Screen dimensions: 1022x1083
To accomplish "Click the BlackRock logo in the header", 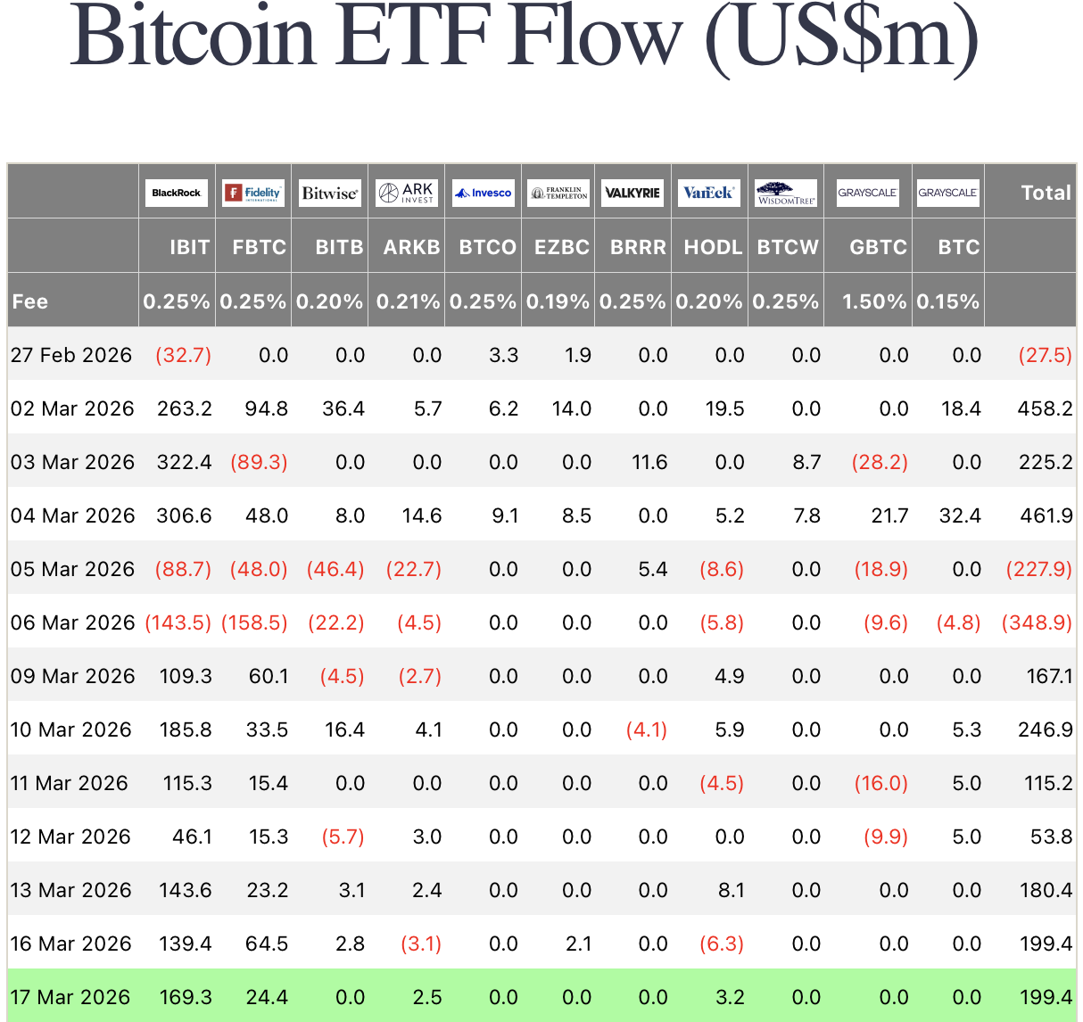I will click(x=177, y=193).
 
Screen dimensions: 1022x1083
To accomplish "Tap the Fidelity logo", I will click(x=253, y=193).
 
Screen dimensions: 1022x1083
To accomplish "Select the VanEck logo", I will click(x=707, y=193).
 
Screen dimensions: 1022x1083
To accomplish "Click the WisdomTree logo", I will click(x=786, y=193).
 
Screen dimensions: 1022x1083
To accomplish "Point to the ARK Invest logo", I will click(x=406, y=193).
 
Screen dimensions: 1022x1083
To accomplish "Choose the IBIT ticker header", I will click(x=189, y=247).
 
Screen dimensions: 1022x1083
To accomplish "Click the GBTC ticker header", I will click(x=878, y=247).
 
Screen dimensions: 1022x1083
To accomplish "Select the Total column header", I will click(x=1046, y=193).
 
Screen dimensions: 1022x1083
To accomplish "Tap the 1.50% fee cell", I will click(x=874, y=301).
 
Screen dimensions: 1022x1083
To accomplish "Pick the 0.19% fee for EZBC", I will click(x=558, y=301).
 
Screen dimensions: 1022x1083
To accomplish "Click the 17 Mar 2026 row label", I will click(x=70, y=997).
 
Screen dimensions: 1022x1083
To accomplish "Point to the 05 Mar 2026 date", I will click(x=72, y=569).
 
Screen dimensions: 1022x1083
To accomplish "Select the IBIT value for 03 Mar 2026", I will click(x=185, y=462).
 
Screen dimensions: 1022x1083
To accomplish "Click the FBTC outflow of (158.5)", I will click(x=254, y=622).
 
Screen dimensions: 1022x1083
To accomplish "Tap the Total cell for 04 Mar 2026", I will click(x=1045, y=515).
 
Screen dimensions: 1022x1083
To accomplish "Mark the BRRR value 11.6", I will click(x=649, y=462).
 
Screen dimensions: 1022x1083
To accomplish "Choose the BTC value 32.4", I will click(x=960, y=515).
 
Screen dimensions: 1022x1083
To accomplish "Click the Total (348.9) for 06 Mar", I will click(x=1037, y=622).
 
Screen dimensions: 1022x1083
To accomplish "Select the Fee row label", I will click(x=30, y=301).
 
